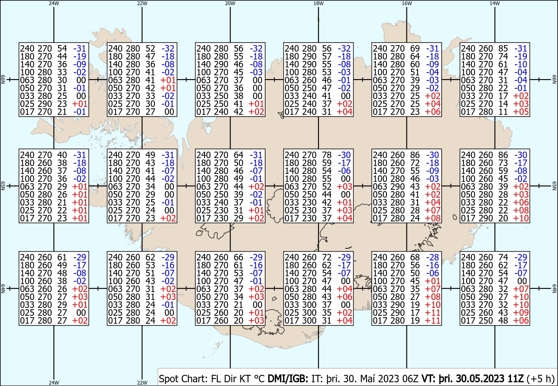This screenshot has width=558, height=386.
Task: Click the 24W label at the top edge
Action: (54, 3)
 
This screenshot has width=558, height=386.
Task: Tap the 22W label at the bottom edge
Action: (142, 382)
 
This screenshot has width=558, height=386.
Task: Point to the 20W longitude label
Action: (230, 3)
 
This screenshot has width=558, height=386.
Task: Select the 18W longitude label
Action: (319, 3)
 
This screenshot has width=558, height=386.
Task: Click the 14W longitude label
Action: (495, 3)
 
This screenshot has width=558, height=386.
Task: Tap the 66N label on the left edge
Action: (3, 80)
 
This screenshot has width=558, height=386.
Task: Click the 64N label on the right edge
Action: (554, 288)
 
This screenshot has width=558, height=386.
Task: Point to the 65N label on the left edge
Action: (3, 186)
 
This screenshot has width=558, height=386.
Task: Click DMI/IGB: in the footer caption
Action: (288, 379)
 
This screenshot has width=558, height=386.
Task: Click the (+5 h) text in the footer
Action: (540, 379)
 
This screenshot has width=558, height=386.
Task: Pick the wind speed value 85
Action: (503, 48)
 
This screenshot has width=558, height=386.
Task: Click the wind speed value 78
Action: (326, 155)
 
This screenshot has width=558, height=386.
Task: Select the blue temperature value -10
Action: (521, 64)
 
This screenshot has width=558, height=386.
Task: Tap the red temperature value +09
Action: (521, 313)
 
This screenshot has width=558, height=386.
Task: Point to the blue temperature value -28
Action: (432, 257)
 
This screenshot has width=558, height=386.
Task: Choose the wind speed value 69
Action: (415, 48)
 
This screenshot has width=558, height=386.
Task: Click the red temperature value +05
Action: (521, 112)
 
